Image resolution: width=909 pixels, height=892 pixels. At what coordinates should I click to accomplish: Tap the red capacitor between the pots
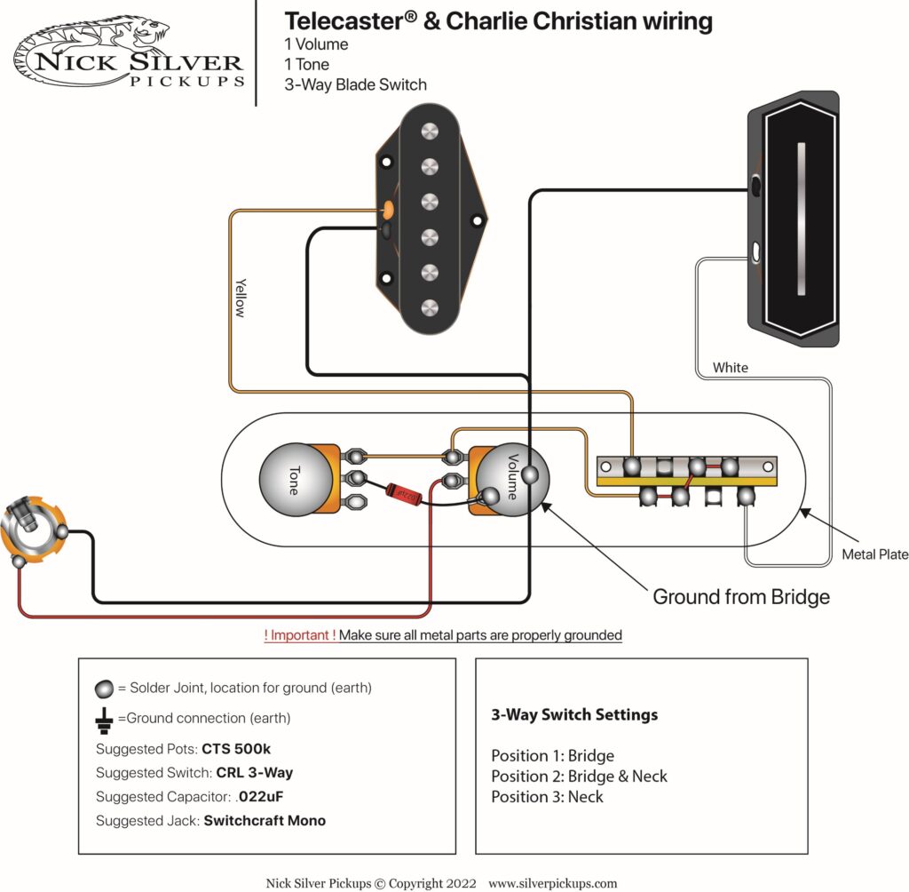pyautogui.click(x=406, y=490)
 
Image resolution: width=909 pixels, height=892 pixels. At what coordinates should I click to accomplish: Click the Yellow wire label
pyautogui.click(x=241, y=297)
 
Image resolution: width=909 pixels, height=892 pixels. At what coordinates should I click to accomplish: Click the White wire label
pyautogui.click(x=730, y=367)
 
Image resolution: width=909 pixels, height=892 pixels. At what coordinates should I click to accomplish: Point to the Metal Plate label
pyautogui.click(x=875, y=554)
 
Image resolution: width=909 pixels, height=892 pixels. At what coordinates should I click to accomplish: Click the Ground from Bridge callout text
pyautogui.click(x=740, y=596)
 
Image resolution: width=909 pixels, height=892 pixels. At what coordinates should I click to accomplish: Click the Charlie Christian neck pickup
pyautogui.click(x=795, y=219)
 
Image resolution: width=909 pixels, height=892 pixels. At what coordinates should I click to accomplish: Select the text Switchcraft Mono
pyautogui.click(x=265, y=820)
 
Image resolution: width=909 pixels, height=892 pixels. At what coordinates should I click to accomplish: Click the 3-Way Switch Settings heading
pyautogui.click(x=573, y=714)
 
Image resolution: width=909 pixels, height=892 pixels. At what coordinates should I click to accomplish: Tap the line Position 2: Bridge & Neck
pyautogui.click(x=579, y=776)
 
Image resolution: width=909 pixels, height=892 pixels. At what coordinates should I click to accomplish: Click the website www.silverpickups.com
pyautogui.click(x=552, y=883)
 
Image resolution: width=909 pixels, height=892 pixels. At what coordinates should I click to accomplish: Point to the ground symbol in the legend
pyautogui.click(x=104, y=718)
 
